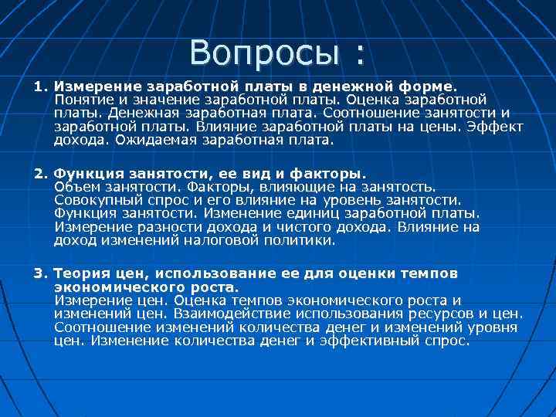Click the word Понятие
pos(84,100)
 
